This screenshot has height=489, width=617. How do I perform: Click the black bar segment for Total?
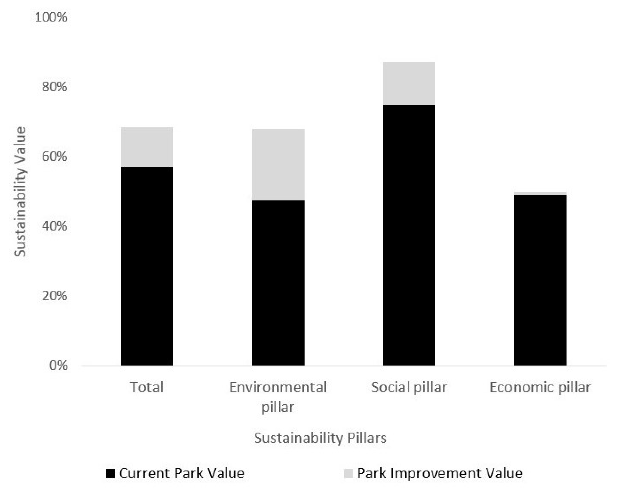147,266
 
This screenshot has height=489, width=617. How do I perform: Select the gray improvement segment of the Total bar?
147,147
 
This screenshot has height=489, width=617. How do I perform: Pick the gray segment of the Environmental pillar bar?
278,165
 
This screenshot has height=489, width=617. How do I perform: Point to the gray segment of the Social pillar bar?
409,83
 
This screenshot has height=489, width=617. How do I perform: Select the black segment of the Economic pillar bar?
540,280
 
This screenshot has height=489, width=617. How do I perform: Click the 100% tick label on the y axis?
51,17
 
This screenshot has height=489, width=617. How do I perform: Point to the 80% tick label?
54,86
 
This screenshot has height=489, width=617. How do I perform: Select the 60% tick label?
54,156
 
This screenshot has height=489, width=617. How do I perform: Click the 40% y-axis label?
54,226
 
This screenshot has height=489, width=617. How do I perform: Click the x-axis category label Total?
147,387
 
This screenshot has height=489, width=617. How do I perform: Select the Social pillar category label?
409,387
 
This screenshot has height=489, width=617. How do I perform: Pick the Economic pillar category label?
540,387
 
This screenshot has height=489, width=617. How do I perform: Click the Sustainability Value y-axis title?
20,192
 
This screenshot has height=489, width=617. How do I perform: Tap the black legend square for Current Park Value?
110,473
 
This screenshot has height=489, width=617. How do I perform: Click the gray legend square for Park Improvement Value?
348,473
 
